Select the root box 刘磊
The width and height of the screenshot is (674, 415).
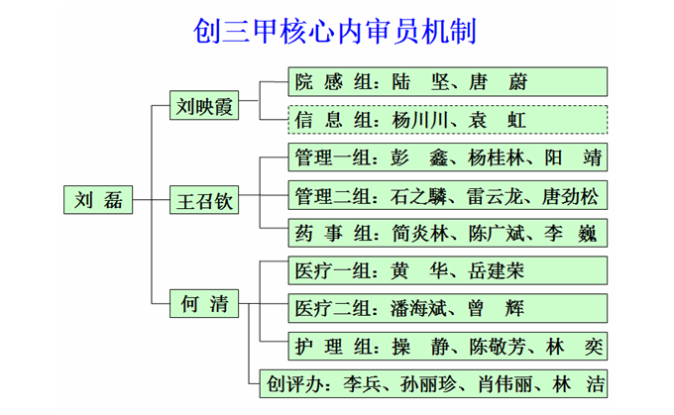[97, 198]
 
